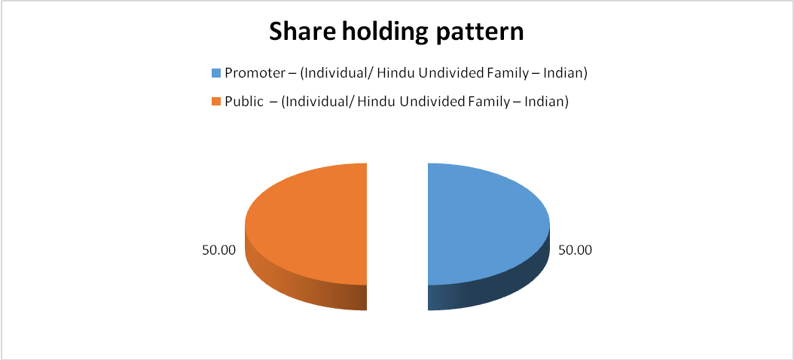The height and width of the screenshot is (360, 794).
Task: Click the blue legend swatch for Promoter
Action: (216, 73)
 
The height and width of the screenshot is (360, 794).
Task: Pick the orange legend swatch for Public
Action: (216, 102)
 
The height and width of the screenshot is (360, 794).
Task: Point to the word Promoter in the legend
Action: (249, 73)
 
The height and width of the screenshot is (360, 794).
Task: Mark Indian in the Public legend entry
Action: (548, 102)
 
